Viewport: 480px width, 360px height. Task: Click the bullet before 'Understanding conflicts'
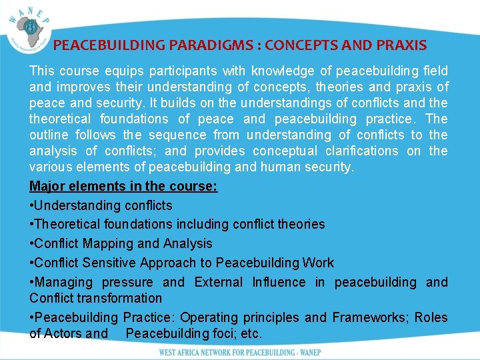(x=31, y=205)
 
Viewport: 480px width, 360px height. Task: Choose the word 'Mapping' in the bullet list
(x=107, y=243)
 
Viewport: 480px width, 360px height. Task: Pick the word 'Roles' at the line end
(x=431, y=317)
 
